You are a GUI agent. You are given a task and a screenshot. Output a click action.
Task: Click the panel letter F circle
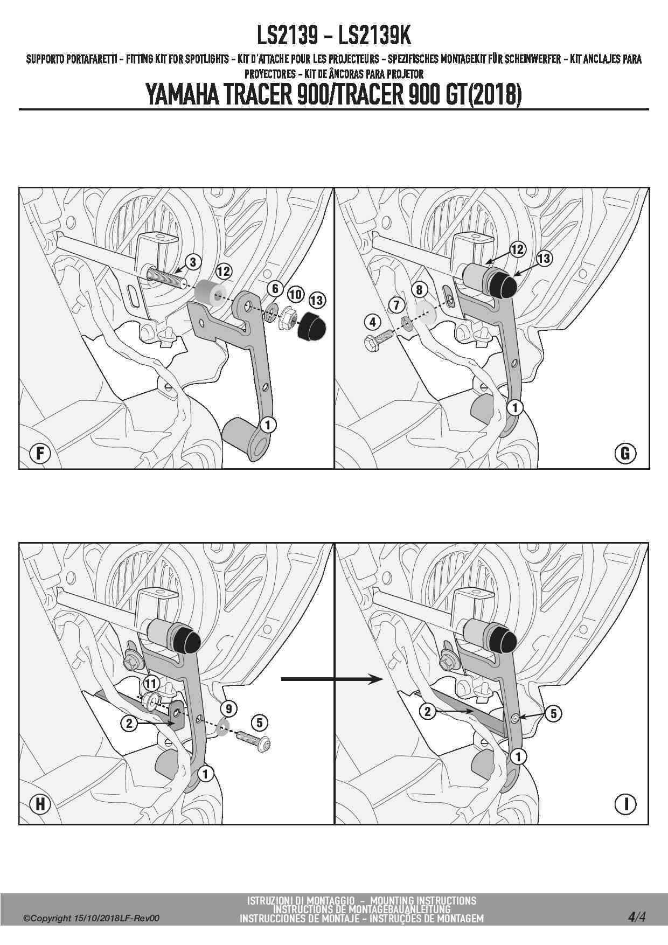(x=40, y=453)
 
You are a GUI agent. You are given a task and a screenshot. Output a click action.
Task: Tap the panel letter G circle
(x=625, y=453)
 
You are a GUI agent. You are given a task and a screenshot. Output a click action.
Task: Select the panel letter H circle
(x=40, y=804)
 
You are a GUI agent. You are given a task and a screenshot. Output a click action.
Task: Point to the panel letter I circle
(x=625, y=804)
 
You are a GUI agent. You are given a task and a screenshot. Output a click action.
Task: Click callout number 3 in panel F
(x=193, y=262)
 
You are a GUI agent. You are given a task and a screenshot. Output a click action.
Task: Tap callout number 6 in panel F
(x=275, y=288)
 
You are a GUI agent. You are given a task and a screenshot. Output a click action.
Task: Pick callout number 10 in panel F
(x=295, y=294)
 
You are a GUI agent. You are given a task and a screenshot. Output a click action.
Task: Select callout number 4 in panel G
(x=373, y=322)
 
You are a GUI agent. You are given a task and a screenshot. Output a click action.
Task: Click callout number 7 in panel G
(x=396, y=305)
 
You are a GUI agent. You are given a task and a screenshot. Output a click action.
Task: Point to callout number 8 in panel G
(x=420, y=289)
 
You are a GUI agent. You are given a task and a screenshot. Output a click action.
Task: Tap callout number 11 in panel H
(x=150, y=684)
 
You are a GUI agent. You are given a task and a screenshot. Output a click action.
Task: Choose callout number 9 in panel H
(x=229, y=708)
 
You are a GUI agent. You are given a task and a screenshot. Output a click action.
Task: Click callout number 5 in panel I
(x=554, y=713)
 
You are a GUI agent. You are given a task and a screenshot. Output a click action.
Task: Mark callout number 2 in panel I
(x=427, y=712)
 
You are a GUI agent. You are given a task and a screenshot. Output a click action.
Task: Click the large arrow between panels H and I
(x=332, y=679)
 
